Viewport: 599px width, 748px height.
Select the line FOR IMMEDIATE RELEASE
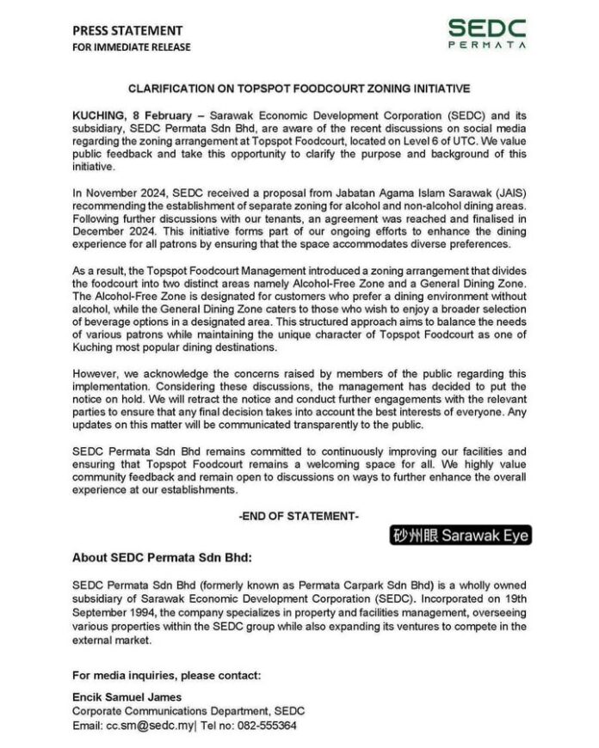pyautogui.click(x=132, y=47)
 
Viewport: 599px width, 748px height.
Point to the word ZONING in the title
pyautogui.click(x=371, y=89)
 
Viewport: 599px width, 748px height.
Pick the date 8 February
pyautogui.click(x=166, y=114)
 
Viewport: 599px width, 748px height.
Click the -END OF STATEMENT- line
pyautogui.click(x=299, y=516)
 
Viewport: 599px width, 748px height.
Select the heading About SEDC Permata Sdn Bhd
pyautogui.click(x=163, y=555)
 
